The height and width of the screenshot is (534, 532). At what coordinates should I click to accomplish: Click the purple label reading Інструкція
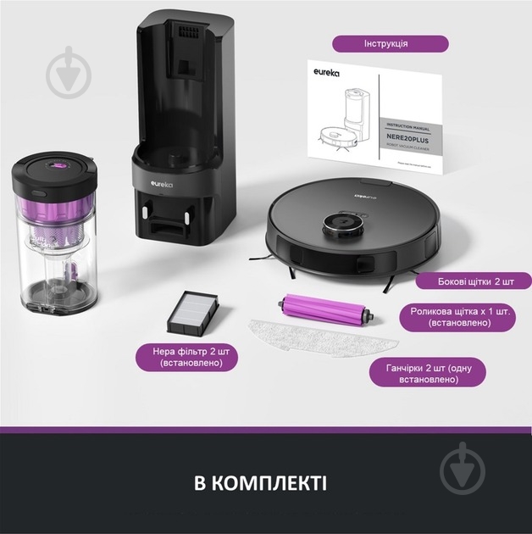coord(390,43)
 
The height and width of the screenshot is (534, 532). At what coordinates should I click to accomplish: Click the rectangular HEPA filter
coord(196,305)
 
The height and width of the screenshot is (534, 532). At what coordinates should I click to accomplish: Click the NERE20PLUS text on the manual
coord(407,135)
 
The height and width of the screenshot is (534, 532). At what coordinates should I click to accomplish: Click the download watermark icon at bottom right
coord(469,467)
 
